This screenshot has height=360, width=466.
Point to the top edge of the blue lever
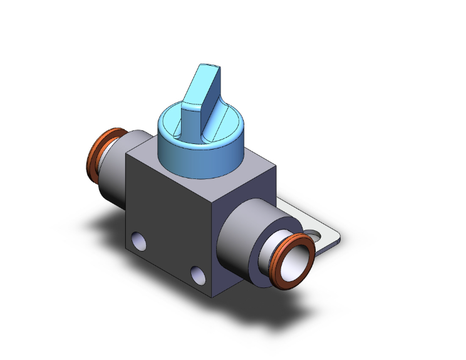pyautogui.click(x=207, y=66)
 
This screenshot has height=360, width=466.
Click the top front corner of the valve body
pyautogui.click(x=215, y=195)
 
